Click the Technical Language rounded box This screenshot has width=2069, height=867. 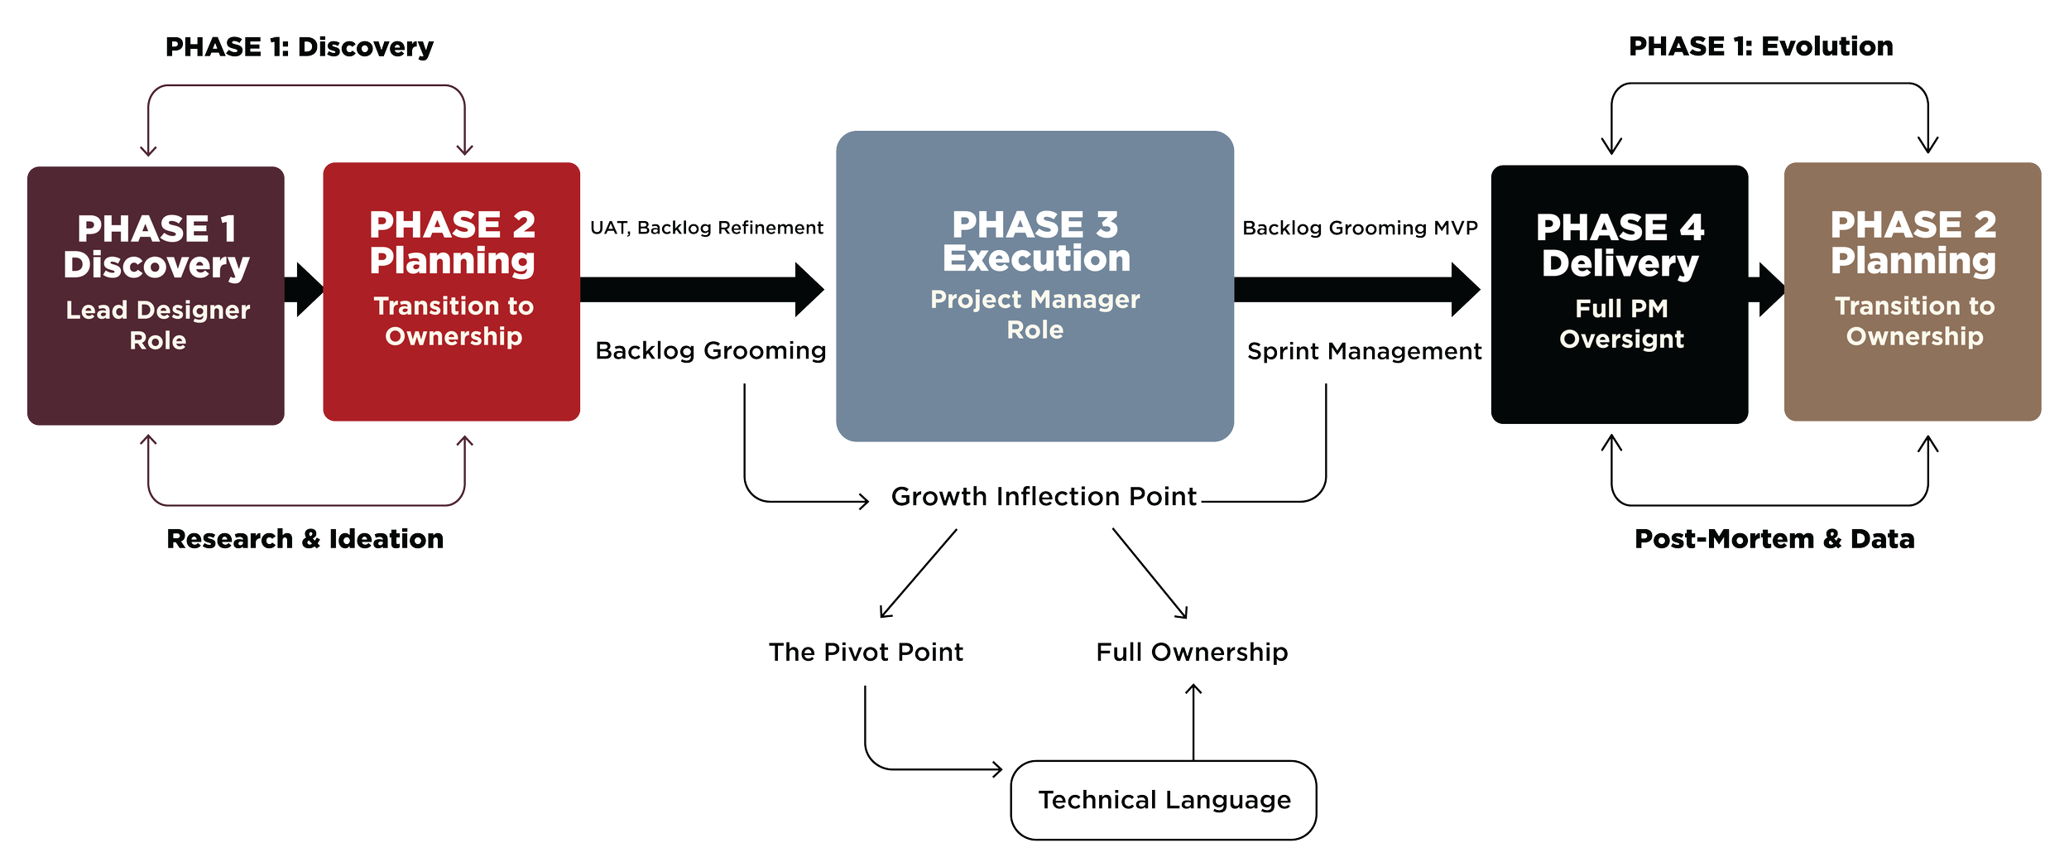[1164, 800]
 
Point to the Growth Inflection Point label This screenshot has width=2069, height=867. [1044, 496]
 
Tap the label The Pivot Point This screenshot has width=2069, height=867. [866, 652]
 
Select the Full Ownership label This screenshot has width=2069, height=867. [1192, 652]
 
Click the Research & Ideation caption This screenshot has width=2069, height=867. [305, 539]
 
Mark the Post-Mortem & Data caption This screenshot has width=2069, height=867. [1774, 539]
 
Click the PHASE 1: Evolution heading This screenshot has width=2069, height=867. [1760, 46]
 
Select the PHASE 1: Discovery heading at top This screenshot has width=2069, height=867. [300, 47]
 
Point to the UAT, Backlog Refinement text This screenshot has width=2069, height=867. [706, 228]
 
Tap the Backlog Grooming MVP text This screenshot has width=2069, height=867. [1360, 228]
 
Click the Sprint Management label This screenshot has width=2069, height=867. [1364, 351]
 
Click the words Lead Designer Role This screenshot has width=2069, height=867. [157, 325]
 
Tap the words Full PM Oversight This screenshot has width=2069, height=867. [1621, 324]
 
